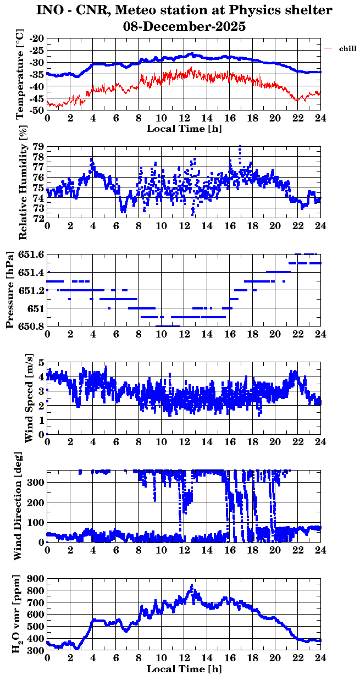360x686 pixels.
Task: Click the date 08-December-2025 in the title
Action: tap(184, 26)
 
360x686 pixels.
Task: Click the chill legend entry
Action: tap(347, 49)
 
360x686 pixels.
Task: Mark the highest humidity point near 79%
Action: tap(240, 147)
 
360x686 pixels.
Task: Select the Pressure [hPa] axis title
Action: tap(9, 290)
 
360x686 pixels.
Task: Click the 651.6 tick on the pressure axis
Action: tap(32, 254)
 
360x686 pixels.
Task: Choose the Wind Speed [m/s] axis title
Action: tap(29, 399)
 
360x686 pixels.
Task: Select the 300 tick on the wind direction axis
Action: tap(37, 482)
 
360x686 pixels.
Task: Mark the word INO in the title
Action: tap(49, 10)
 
